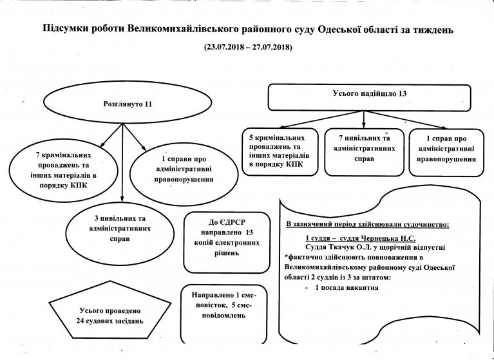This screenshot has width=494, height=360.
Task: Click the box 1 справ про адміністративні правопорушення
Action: (x=446, y=152)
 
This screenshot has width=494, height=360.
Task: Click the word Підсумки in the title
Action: (x=62, y=30)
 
